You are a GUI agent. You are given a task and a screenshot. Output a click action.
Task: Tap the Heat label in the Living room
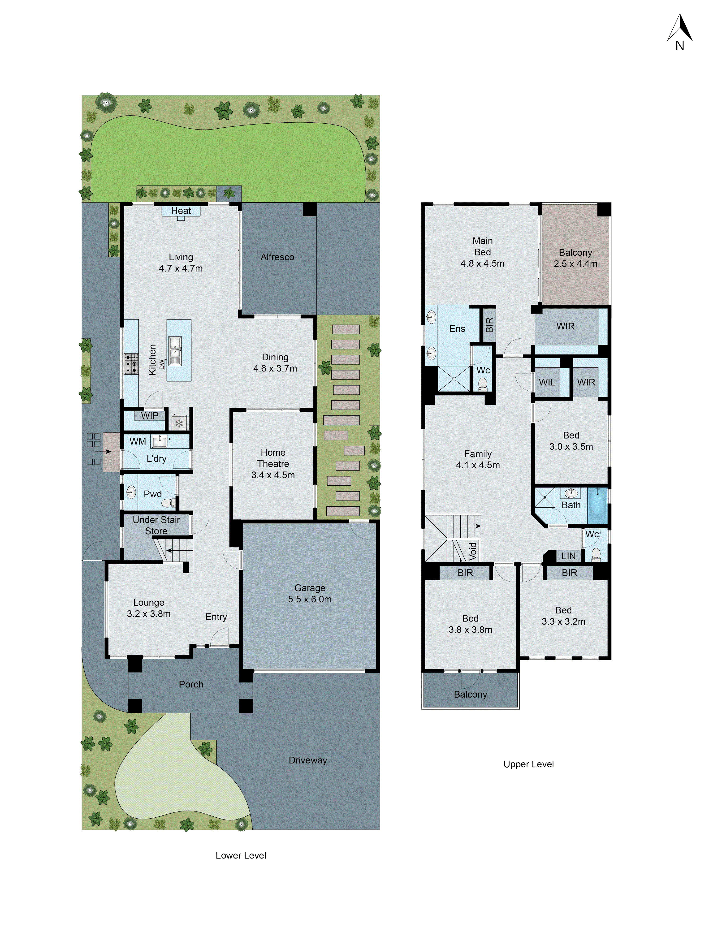click(x=181, y=211)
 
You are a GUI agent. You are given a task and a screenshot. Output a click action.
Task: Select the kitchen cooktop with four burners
click(x=131, y=363)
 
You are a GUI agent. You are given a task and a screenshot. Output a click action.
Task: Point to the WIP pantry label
click(x=150, y=415)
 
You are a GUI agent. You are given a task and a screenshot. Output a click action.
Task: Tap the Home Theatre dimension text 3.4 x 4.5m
click(x=273, y=475)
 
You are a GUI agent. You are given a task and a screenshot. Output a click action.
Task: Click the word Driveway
click(x=308, y=760)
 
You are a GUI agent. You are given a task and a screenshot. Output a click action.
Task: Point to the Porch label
click(x=191, y=684)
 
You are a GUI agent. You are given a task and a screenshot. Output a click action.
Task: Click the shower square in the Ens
click(x=454, y=379)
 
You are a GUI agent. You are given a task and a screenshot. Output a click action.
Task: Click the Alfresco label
click(x=277, y=257)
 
